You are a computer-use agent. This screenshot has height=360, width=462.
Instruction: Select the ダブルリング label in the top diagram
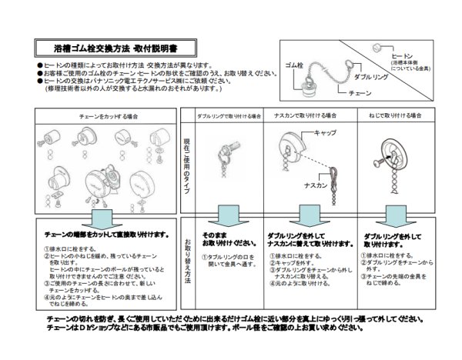tap(370, 77)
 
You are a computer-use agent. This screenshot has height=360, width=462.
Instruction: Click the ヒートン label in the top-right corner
tap(403, 56)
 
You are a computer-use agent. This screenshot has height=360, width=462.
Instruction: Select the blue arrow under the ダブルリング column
tap(225, 216)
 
